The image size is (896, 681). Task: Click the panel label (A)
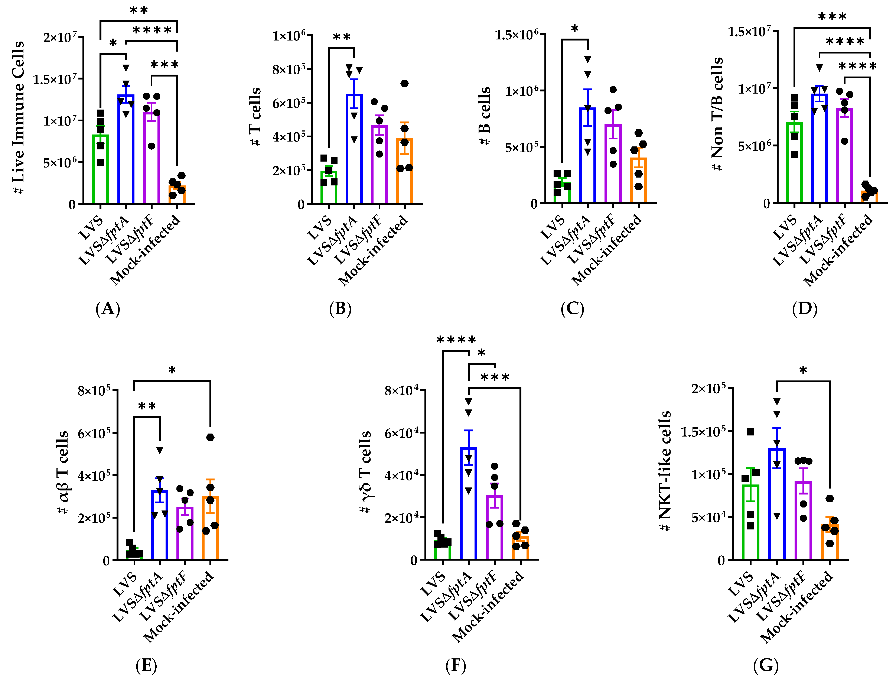108,309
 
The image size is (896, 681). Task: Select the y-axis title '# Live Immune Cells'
19,118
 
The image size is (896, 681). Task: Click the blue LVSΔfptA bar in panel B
354,150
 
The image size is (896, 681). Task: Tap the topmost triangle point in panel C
588,59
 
